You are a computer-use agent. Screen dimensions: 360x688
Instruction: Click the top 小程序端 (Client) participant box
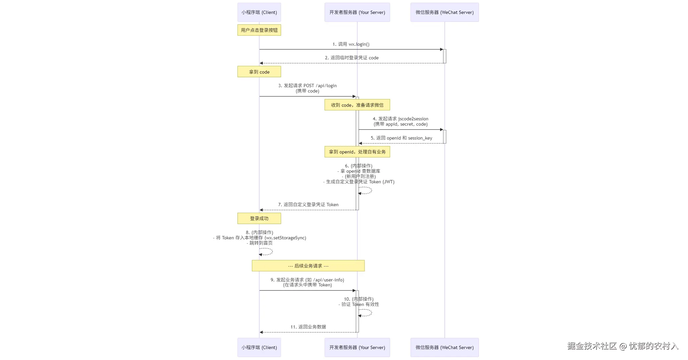coord(259,12)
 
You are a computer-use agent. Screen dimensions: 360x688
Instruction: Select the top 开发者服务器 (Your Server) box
coord(357,12)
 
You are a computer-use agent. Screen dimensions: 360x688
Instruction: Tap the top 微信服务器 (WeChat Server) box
coord(444,12)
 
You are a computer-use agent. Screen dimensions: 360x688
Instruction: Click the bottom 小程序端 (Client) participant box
coord(259,347)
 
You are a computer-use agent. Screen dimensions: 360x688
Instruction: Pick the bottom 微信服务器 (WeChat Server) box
coord(444,347)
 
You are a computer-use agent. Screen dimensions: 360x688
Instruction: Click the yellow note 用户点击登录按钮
coord(259,30)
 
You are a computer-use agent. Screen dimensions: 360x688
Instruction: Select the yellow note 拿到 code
coord(259,72)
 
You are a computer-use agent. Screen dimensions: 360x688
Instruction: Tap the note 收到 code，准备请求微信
coord(357,105)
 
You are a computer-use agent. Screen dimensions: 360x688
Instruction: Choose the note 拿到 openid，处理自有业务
coord(357,152)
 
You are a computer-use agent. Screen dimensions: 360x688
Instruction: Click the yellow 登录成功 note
coord(259,218)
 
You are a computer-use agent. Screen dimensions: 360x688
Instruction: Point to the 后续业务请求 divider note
coord(308,266)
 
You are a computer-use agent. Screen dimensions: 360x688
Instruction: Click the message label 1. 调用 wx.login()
coord(351,44)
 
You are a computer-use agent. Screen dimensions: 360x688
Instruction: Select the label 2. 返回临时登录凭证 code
coord(352,58)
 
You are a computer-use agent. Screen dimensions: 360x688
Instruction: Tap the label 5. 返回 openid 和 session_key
coord(401,138)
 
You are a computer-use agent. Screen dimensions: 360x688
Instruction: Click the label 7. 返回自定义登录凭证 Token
coord(308,205)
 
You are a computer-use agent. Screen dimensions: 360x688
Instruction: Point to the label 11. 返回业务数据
coord(308,327)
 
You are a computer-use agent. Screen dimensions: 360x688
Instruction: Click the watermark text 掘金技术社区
coord(592,346)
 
